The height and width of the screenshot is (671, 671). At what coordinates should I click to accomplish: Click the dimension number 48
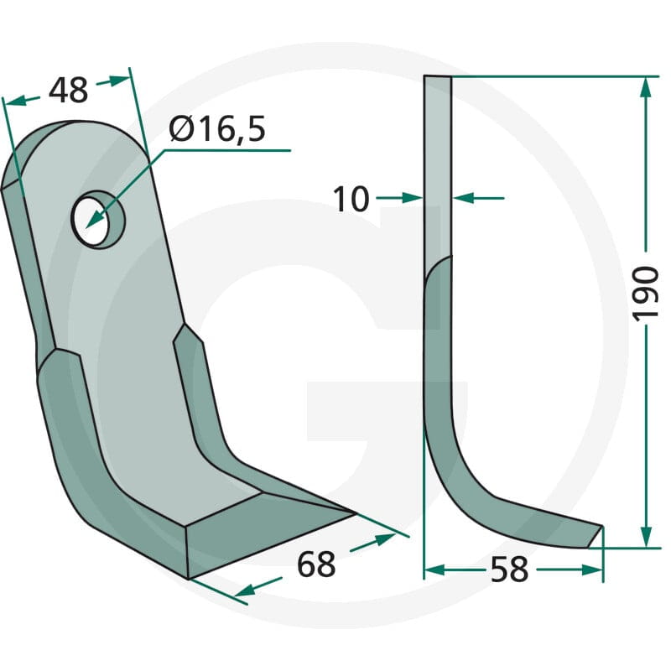pyautogui.click(x=68, y=91)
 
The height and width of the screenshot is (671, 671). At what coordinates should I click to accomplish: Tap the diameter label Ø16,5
pyautogui.click(x=217, y=129)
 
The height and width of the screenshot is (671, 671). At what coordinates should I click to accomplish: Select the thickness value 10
pyautogui.click(x=351, y=199)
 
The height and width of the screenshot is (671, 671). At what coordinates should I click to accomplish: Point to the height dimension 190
pyautogui.click(x=645, y=293)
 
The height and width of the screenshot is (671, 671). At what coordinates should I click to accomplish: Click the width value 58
pyautogui.click(x=509, y=570)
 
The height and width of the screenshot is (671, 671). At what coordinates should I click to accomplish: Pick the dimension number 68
pyautogui.click(x=316, y=564)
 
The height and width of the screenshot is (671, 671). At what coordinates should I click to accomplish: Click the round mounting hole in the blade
pyautogui.click(x=97, y=219)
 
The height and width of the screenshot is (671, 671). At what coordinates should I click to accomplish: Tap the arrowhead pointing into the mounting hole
pyautogui.click(x=95, y=220)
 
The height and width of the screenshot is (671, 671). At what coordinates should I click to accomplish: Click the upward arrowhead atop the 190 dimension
pyautogui.click(x=646, y=88)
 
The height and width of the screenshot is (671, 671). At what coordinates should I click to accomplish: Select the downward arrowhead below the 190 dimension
pyautogui.click(x=646, y=536)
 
